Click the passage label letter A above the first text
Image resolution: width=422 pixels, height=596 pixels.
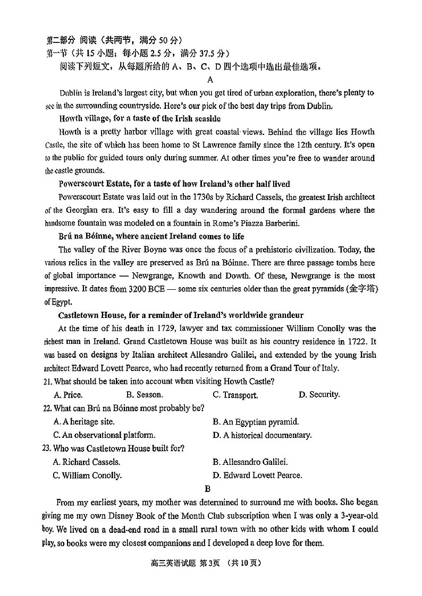click(210, 80)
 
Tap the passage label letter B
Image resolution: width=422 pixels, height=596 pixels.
click(207, 489)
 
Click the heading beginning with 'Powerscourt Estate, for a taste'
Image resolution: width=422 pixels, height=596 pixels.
click(174, 184)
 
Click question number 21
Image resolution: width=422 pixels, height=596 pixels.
click(47, 381)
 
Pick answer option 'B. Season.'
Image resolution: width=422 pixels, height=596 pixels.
click(145, 394)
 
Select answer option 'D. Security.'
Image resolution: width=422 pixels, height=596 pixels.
click(319, 394)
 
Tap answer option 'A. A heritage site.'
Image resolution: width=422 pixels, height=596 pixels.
click(84, 422)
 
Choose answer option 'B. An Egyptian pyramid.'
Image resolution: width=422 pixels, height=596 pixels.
click(256, 422)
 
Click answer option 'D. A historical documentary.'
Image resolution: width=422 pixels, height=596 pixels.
click(262, 435)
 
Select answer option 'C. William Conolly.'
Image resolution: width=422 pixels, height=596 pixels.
click(87, 476)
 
